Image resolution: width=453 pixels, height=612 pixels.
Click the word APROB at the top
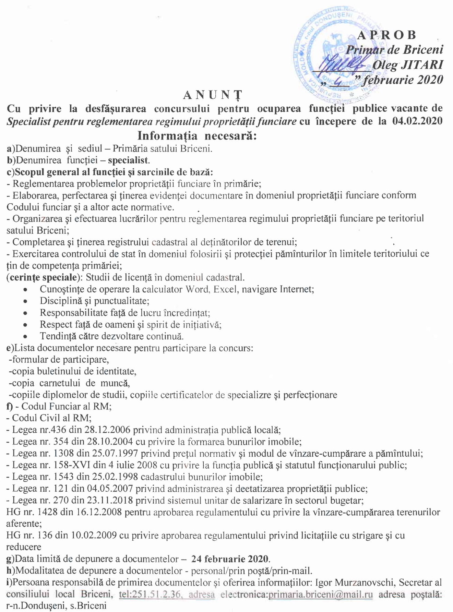pos(387,35)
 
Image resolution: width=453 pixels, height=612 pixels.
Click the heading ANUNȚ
pos(213,95)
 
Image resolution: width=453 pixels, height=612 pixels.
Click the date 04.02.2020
pos(417,121)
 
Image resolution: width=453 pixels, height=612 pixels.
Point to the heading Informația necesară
pos(197,136)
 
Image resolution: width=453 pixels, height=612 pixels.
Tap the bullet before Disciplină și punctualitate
pos(25,301)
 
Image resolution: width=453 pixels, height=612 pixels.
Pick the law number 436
pos(59,430)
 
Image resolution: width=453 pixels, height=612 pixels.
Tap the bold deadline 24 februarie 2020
pos(230,559)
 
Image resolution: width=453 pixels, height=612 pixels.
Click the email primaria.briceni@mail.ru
pos(320,594)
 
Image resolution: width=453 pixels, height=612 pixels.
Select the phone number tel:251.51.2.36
pos(150,594)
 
